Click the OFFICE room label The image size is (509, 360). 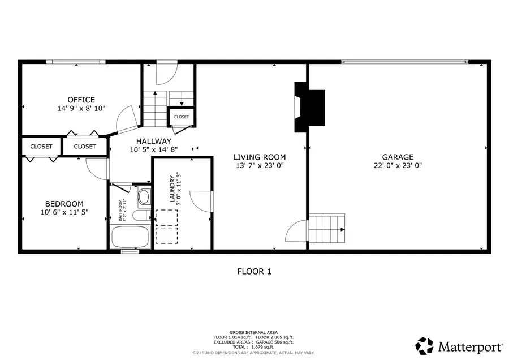(x=81, y=100)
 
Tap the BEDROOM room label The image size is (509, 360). (x=64, y=204)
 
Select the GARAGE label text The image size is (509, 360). (x=397, y=157)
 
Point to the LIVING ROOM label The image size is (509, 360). (x=260, y=157)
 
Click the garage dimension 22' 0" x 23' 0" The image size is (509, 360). (x=397, y=166)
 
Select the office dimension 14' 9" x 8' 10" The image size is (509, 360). (x=81, y=108)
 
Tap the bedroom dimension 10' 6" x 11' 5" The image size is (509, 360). (x=64, y=212)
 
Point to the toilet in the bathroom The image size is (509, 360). (x=144, y=197)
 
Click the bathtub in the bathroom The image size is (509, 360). (x=130, y=236)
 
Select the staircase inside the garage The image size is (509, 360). (x=327, y=229)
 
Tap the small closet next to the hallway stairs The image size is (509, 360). (x=182, y=117)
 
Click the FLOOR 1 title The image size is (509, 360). (x=254, y=272)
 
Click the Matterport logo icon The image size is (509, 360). (x=425, y=345)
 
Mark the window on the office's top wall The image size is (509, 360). (x=76, y=62)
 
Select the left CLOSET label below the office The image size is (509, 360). (x=41, y=147)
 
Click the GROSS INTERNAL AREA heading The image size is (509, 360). (x=253, y=332)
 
